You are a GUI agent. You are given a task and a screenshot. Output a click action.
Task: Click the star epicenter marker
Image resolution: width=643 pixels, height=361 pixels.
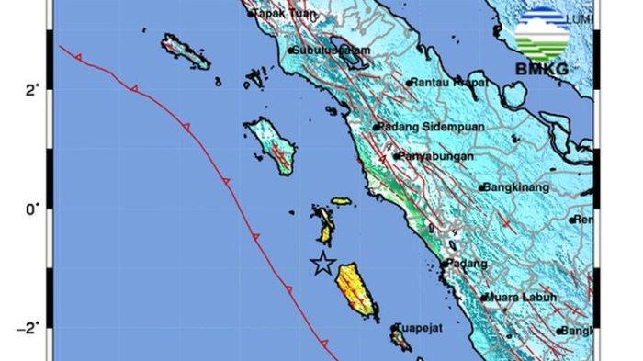click(322, 264)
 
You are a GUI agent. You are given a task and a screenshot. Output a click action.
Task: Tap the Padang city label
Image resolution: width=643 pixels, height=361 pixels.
click(463, 263)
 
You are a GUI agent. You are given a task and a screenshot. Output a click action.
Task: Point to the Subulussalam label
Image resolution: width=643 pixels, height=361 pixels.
click(332, 51)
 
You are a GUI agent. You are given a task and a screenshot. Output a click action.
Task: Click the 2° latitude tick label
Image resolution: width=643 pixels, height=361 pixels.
click(32, 90)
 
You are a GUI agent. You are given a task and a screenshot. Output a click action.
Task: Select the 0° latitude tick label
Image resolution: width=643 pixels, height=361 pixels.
click(32, 209)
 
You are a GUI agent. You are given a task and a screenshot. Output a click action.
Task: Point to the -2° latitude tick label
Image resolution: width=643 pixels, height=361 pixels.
click(30, 328)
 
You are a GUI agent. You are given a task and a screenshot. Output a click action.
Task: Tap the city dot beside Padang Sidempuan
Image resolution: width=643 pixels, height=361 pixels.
click(377, 127)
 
